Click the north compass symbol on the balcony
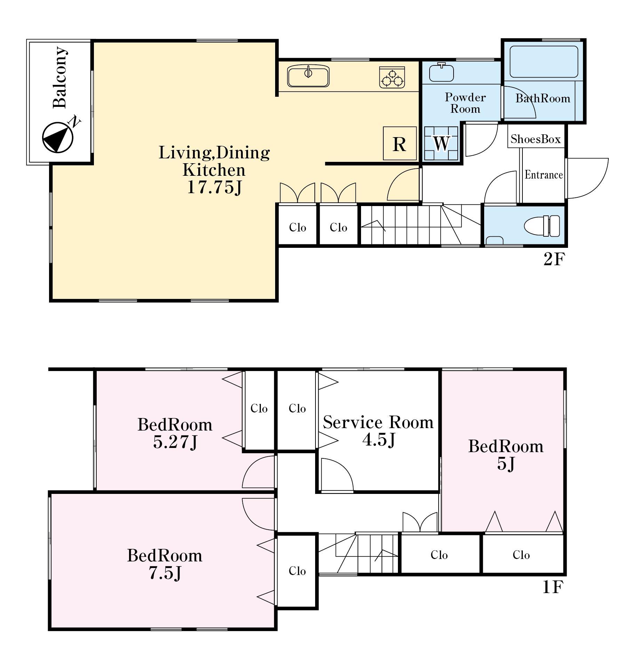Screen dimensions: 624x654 tap(58, 137)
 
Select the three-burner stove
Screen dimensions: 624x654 tap(392, 77)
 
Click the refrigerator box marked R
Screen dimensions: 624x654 tap(400, 143)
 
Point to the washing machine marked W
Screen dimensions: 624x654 tap(441, 143)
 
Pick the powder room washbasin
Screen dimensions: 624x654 tap(441, 72)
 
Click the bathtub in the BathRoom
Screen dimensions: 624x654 tap(544, 62)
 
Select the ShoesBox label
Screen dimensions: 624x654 tap(536, 139)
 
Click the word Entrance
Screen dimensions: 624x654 tap(544, 174)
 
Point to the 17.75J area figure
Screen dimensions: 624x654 tap(214, 187)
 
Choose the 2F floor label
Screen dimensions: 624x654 tap(554, 259)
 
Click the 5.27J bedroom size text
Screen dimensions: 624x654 tap(175, 442)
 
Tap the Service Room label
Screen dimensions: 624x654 tap(378, 422)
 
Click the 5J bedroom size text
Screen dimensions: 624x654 tap(506, 464)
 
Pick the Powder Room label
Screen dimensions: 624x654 tap(465, 103)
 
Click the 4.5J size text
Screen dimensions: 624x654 tap(379, 440)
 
